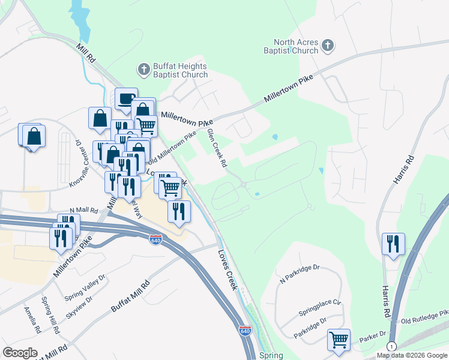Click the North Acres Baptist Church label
(296, 47)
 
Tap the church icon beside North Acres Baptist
(328, 45)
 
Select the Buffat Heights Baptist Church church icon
(144, 70)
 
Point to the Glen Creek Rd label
(216, 148)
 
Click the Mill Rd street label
(86, 53)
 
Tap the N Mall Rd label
(83, 210)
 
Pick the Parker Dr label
(373, 339)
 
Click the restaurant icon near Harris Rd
(393, 243)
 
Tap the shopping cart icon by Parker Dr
(339, 340)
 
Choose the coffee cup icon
(126, 98)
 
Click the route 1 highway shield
(391, 347)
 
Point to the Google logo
(20, 353)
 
